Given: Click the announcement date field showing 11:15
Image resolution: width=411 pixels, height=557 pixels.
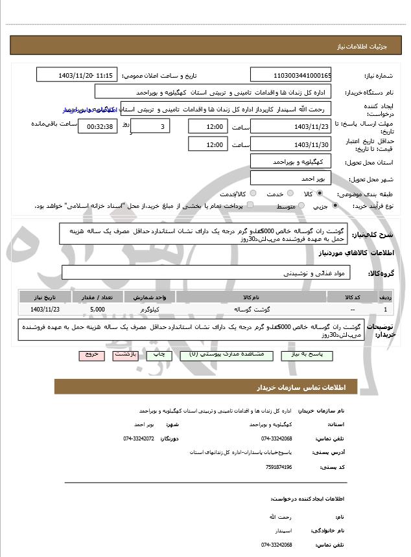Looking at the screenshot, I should tap(78, 75).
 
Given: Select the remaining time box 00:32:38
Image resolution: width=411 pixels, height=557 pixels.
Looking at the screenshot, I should tap(98, 126).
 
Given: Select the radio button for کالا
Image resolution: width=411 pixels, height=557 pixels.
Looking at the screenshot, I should tap(320, 194).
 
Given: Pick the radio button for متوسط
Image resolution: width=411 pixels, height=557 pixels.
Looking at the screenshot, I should tap(300, 206).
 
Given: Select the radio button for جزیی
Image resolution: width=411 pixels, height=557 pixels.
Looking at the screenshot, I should tap(335, 206).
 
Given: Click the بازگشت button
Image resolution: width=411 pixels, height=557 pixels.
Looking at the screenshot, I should tap(124, 355).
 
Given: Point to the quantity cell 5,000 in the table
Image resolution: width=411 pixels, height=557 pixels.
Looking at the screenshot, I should tap(98, 310).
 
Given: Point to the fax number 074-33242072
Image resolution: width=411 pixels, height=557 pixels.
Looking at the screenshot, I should tap(138, 438).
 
